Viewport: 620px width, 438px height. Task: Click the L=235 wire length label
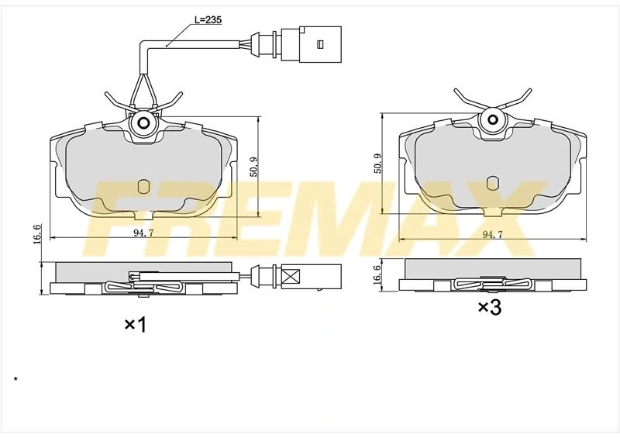click(x=208, y=19)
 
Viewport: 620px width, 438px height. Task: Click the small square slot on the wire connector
click(x=320, y=43)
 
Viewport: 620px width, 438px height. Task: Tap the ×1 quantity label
click(x=136, y=325)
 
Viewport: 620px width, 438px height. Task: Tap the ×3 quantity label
click(x=490, y=307)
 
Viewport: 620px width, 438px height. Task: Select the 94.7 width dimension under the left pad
click(x=143, y=233)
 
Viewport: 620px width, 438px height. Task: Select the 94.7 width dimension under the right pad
click(x=492, y=234)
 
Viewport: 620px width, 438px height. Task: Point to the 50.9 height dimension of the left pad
click(x=253, y=167)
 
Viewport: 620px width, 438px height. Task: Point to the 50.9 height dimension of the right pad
click(x=377, y=164)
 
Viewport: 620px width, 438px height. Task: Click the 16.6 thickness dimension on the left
click(x=36, y=234)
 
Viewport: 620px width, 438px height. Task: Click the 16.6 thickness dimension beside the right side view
click(x=377, y=274)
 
